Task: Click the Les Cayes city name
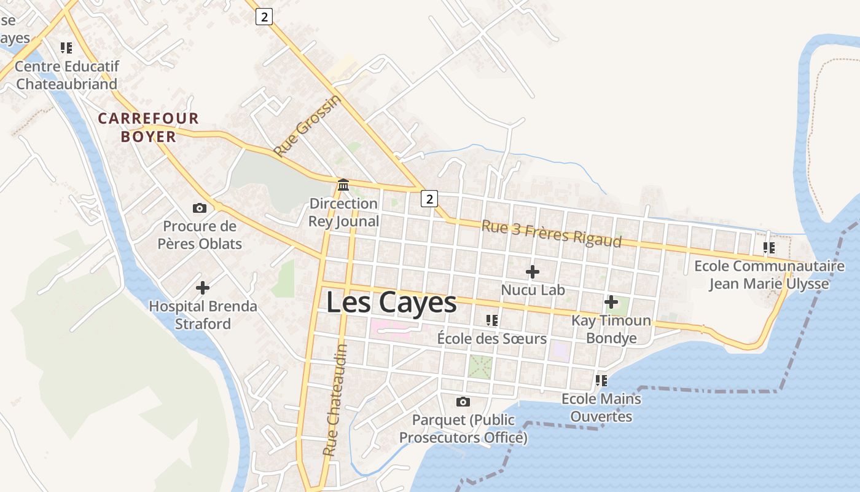pos(391,303)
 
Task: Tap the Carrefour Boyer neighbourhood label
pos(149,127)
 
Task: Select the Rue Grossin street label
pos(307,126)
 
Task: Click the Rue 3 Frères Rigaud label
pos(551,233)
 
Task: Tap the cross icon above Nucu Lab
pos(533,271)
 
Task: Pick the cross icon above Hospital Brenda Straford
pos(203,287)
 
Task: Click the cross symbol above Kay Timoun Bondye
pos(611,302)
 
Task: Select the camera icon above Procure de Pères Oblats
pos(200,208)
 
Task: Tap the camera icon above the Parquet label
pos(463,402)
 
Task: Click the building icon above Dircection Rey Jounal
pos(343,184)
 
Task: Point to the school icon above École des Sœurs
pos(491,320)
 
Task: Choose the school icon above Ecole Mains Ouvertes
pos(601,381)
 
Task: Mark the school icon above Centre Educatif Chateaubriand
pos(66,47)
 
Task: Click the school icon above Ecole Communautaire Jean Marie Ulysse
pos(768,248)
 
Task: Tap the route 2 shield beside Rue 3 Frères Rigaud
pos(429,198)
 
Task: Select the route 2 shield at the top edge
pos(264,17)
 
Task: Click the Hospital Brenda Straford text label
pos(203,315)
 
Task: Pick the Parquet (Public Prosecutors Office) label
pos(463,429)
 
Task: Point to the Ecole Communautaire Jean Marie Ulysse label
pos(769,275)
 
